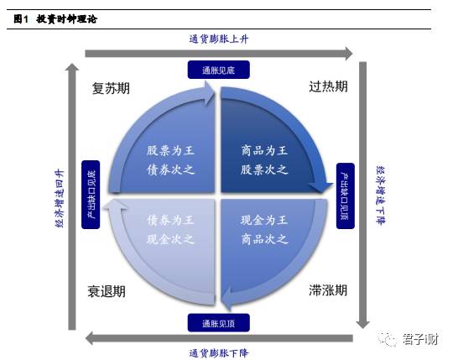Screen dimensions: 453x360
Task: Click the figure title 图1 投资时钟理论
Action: [55, 19]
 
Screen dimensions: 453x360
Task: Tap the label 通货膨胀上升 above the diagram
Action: [219, 39]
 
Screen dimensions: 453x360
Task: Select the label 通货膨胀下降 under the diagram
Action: [219, 353]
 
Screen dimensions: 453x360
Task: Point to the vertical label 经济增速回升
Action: [60, 198]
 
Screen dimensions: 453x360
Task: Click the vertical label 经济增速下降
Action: [381, 196]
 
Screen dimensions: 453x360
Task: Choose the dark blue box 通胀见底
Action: [219, 70]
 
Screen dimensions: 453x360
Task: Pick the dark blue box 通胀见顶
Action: [219, 323]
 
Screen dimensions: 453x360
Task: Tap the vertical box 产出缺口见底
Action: [91, 195]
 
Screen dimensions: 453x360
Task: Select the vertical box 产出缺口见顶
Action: [346, 196]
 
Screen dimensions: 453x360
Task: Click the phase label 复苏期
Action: [111, 88]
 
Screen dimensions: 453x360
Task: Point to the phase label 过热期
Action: [328, 86]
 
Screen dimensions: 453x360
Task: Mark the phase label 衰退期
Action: [107, 291]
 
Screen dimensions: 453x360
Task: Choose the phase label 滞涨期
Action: [328, 290]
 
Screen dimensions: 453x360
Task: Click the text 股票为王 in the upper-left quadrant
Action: [170, 150]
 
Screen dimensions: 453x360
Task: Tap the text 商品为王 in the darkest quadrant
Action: [264, 150]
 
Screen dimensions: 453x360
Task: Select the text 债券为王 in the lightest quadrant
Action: [170, 221]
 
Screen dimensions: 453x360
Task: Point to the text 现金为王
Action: [264, 221]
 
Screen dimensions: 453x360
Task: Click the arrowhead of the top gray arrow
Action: [348, 54]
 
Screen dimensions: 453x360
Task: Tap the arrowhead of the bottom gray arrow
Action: [90, 338]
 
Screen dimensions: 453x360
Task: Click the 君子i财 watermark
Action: [409, 339]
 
